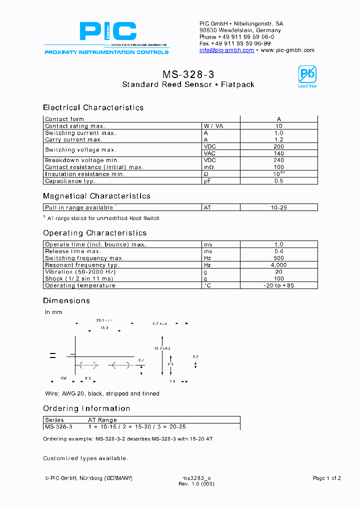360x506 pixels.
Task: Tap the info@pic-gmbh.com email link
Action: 226,50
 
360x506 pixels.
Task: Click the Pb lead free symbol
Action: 307,76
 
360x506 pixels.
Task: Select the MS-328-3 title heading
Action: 188,74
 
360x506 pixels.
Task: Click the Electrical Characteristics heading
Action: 93,107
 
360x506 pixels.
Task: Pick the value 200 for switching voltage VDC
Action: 278,147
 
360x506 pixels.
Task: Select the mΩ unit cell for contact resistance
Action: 209,167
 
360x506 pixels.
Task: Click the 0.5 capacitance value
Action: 278,181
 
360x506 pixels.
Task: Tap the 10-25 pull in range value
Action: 278,207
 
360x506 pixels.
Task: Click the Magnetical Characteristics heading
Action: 96,196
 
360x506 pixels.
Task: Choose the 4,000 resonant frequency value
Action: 278,265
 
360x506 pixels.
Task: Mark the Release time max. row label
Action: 72,251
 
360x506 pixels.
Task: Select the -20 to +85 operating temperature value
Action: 278,285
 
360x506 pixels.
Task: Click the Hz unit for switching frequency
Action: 207,258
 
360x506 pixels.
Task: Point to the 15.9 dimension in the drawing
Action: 104,328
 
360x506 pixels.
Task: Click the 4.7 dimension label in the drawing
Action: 140,360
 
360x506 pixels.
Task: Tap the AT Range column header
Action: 102,420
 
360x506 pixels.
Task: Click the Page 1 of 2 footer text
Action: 326,478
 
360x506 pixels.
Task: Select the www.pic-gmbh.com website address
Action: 287,50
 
